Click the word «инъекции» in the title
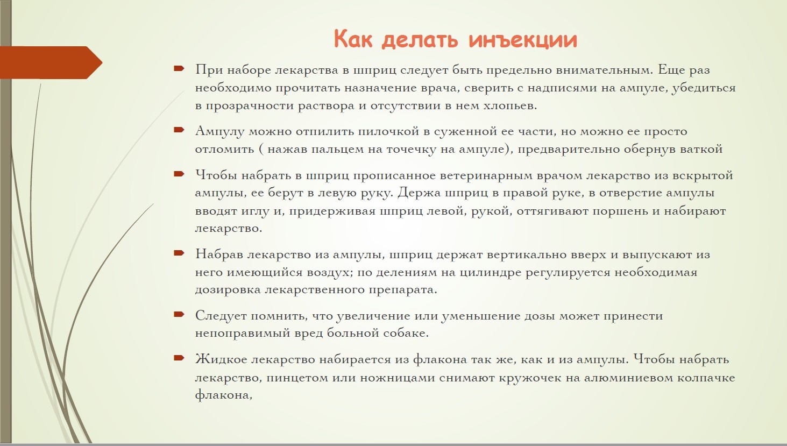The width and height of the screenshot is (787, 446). pyautogui.click(x=523, y=39)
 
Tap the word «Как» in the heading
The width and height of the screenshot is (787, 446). pyautogui.click(x=353, y=39)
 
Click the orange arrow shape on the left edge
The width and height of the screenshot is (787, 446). pyautogui.click(x=51, y=62)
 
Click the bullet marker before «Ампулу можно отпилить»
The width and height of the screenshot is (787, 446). pyautogui.click(x=179, y=130)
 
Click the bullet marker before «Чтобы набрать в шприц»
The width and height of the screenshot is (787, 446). pyautogui.click(x=179, y=174)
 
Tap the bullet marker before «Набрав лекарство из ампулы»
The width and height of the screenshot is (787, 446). pyautogui.click(x=179, y=253)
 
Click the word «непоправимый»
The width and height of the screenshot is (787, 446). pyautogui.click(x=242, y=332)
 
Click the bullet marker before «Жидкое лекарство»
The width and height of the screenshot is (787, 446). pyautogui.click(x=179, y=358)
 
